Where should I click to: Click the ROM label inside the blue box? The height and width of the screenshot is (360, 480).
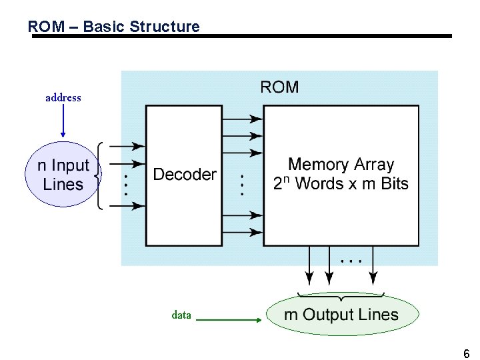pos(279,87)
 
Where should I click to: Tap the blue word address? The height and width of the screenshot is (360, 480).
pos(63,98)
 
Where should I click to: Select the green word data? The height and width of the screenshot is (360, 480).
pos(181,315)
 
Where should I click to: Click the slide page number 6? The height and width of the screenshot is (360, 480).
pos(466,353)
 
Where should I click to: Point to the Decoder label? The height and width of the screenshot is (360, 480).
pos(185,175)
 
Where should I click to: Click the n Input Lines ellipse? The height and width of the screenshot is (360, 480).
pos(62,175)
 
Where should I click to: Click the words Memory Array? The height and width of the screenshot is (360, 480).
pos(341,165)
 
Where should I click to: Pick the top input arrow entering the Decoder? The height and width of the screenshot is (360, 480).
pos(125,145)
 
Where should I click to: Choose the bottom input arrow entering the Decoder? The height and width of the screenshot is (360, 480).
pos(125,205)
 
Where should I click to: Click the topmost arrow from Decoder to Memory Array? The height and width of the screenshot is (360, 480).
pos(241,119)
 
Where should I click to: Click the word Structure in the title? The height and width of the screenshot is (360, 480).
pos(165,27)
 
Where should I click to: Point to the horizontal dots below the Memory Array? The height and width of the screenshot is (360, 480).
pos(351,261)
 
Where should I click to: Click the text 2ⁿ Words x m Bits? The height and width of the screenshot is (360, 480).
pos(341,184)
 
